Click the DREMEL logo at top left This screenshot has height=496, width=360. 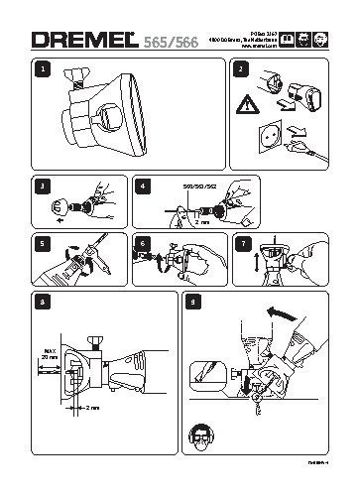pos(87,39)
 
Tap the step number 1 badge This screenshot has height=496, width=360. pos(41,70)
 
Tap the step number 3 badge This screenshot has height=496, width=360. pos(41,185)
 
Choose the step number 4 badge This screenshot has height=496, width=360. pos(146,185)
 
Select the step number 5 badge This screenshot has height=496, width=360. pos(41,243)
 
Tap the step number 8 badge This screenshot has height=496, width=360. pos(41,301)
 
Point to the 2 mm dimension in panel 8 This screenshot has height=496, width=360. pos(93,408)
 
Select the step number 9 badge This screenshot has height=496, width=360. pos(192,301)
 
